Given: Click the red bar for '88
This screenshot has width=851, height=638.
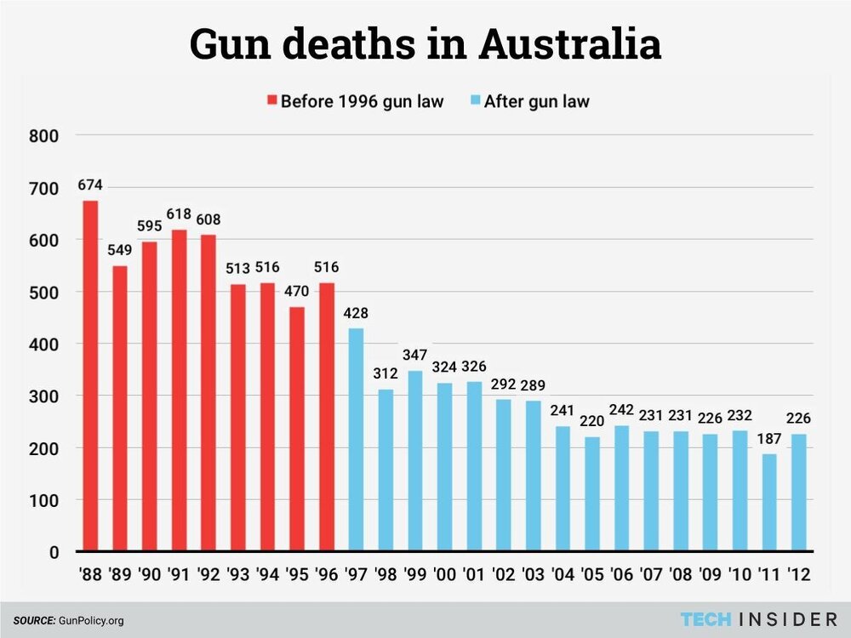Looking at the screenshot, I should pos(90,375).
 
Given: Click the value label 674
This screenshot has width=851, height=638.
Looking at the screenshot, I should pos(90,185).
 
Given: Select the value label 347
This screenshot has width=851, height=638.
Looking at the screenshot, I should pos(414,355).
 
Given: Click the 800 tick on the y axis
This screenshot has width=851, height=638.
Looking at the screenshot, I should pos(43,136).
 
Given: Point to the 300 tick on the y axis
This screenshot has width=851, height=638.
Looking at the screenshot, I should pos(43,396).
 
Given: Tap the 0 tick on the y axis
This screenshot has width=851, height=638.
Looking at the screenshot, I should pos(53,552).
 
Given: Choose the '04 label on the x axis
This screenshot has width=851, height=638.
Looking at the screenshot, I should pos(562,574).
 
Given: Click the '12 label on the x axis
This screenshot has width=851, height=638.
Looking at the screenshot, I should pos(798,574).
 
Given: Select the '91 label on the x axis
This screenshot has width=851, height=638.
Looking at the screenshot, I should pos(179,574).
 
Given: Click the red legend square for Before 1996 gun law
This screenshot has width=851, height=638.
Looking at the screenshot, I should pos(272,101).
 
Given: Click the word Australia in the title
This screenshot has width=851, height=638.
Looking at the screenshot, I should pos(570,44).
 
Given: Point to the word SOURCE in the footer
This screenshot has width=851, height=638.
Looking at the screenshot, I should pos(33,620).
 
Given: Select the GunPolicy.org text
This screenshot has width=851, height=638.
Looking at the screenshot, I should pos(91,620).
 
